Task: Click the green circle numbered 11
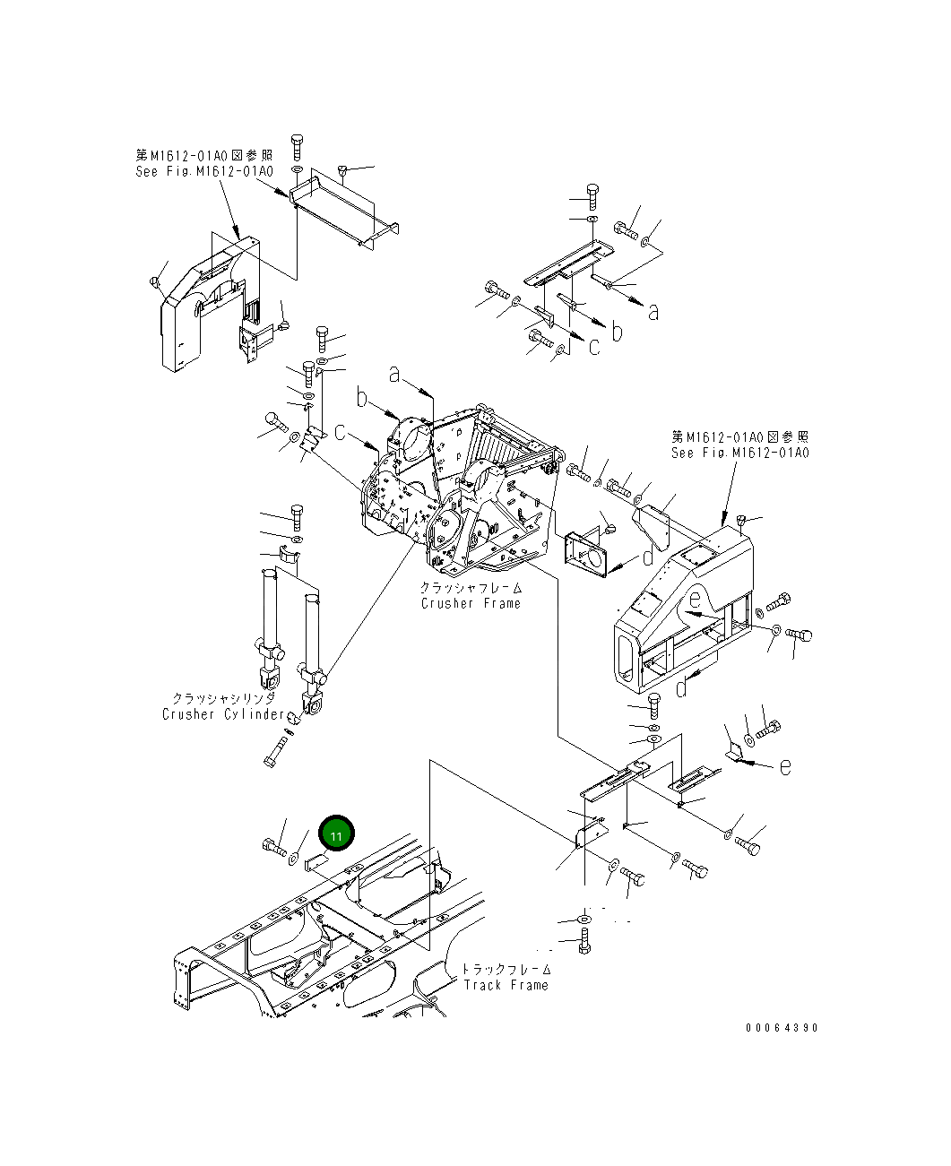click(337, 833)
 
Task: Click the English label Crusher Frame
click(471, 603)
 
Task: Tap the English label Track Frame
click(506, 985)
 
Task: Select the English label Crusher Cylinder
click(224, 714)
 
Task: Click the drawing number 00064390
click(782, 1028)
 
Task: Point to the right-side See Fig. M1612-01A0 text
click(739, 453)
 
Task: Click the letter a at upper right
click(653, 312)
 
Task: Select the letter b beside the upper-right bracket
click(617, 331)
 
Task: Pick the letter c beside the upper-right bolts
click(593, 347)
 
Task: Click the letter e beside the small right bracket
click(784, 767)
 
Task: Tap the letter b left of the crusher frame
click(362, 399)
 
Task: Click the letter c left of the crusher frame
click(341, 432)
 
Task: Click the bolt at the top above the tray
click(298, 146)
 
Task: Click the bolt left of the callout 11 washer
click(272, 845)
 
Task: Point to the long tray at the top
click(344, 212)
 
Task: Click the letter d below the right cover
click(682, 688)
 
